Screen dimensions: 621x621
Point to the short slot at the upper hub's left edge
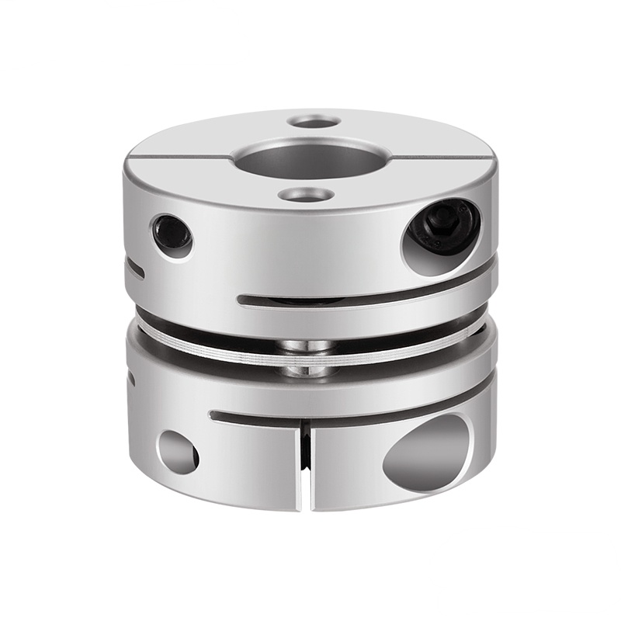coord(137,269)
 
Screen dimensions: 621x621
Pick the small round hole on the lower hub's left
coord(178,453)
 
